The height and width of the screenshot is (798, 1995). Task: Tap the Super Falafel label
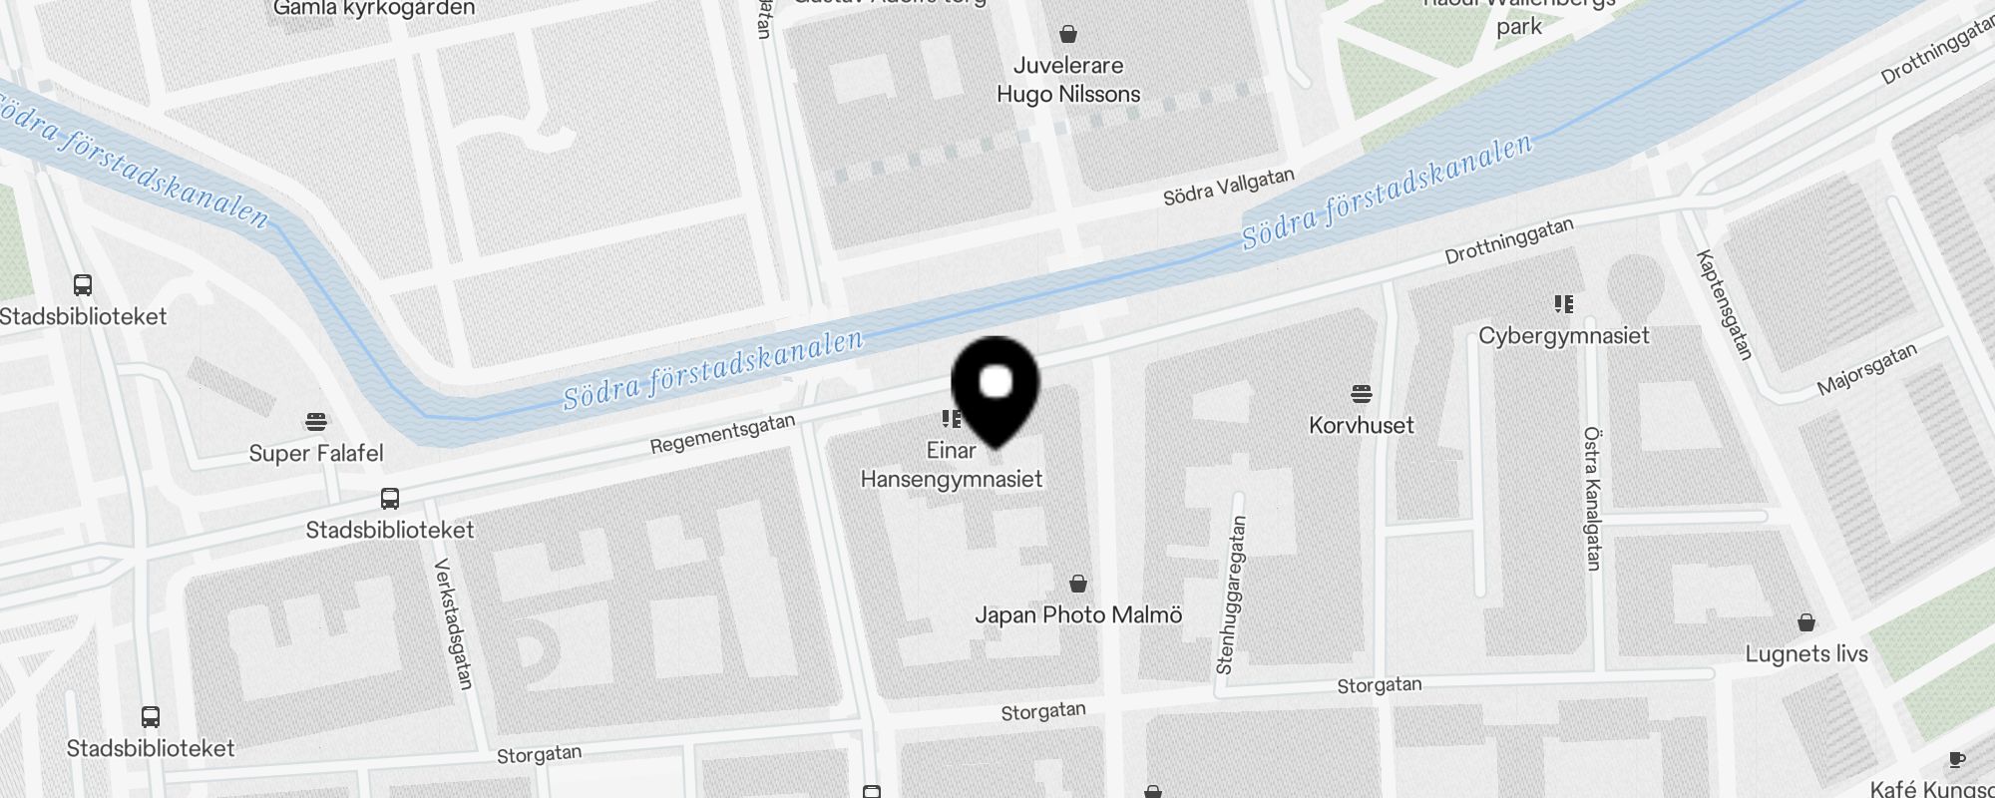pos(315,453)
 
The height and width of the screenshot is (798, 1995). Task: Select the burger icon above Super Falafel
pos(316,421)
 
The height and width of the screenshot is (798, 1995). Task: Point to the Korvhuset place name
pos(1361,425)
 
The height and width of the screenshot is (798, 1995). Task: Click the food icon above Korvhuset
pos(1362,393)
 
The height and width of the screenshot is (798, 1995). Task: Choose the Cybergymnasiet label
pos(1563,335)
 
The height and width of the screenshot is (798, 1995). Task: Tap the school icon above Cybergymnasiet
pos(1563,303)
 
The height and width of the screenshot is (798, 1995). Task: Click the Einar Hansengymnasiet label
pos(951,465)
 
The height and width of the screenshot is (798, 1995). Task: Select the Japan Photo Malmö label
pos(1077,614)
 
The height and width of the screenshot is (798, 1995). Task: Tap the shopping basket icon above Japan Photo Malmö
pos(1077,583)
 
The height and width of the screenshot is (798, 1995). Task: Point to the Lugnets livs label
pos(1805,654)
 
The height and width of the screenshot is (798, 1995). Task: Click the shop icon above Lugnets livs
pos(1805,622)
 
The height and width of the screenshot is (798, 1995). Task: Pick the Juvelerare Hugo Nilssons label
pos(1068,80)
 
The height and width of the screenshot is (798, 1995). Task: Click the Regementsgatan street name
pos(722,434)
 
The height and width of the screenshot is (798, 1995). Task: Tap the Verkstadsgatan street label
pos(453,623)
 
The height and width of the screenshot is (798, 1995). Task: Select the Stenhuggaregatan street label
pos(1231,595)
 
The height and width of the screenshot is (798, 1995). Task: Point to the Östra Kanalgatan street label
pos(1592,499)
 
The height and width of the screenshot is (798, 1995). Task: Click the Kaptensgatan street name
pos(1724,304)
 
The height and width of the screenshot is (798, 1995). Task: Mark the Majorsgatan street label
pos(1866,369)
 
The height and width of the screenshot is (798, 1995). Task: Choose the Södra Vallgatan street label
pos(1228,187)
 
